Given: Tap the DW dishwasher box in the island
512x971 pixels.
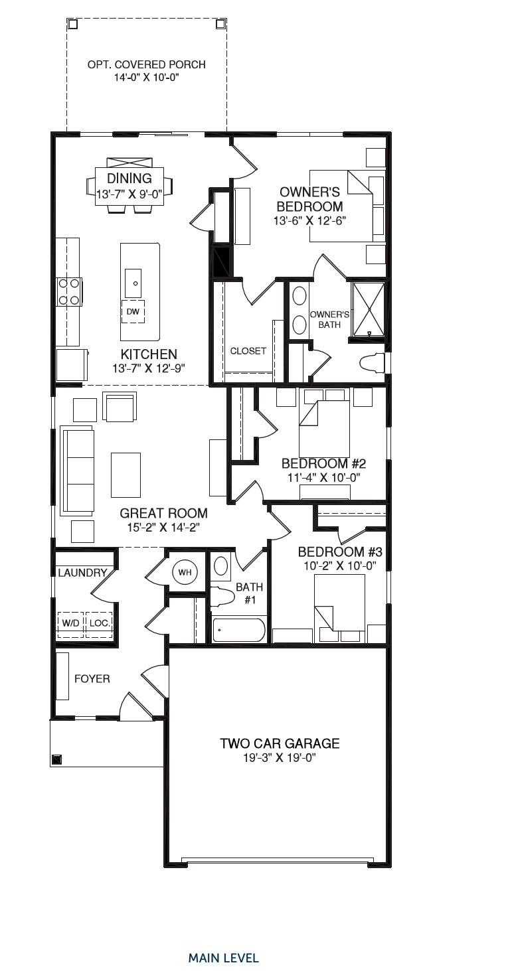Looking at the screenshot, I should point(132,311).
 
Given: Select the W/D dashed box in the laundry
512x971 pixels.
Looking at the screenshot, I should point(70,624).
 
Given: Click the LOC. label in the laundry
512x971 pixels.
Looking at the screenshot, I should point(100,624).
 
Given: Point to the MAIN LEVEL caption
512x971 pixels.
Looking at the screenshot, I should point(223,958).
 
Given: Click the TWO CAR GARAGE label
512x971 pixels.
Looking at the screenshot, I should point(280,743).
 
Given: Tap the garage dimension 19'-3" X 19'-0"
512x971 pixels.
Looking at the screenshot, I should point(280,758).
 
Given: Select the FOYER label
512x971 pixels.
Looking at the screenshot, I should point(92,679).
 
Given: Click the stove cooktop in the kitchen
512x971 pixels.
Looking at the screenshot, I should point(70,291).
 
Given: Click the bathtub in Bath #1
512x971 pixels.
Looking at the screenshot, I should point(238,629).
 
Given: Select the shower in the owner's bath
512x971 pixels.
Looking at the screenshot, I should point(369,309).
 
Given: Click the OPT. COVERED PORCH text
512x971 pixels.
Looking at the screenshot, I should point(146,65).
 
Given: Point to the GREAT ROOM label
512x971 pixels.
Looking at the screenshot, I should point(163,513).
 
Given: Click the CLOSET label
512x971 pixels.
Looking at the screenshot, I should point(248,351).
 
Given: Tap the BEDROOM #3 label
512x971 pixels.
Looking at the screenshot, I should point(339,552).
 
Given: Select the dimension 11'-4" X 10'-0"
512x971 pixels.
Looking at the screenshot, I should point(323,477).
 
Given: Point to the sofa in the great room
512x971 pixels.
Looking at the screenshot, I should point(78,471).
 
